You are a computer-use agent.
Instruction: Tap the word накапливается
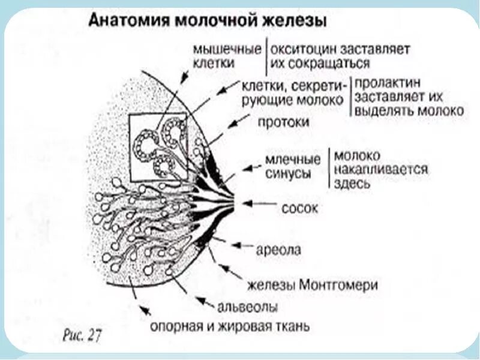(381, 169)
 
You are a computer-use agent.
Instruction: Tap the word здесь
(354, 184)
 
